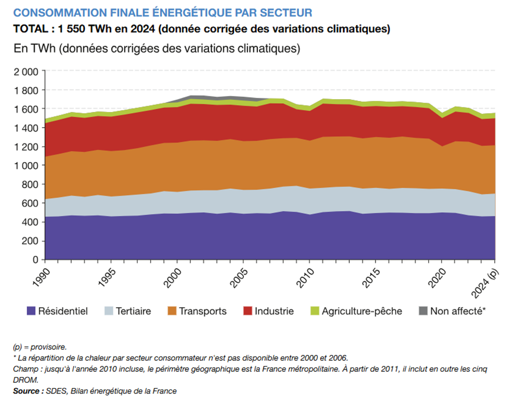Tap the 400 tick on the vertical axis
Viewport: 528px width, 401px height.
coord(30,222)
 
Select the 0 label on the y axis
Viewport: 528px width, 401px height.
coord(36,259)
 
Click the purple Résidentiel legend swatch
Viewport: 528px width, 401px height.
coord(31,311)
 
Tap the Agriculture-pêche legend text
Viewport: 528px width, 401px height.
coord(362,311)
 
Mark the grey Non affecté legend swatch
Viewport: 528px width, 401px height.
coord(423,311)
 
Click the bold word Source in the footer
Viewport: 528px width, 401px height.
coord(27,391)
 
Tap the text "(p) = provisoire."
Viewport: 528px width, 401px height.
coord(39,347)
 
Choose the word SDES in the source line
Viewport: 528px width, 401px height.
coord(57,391)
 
